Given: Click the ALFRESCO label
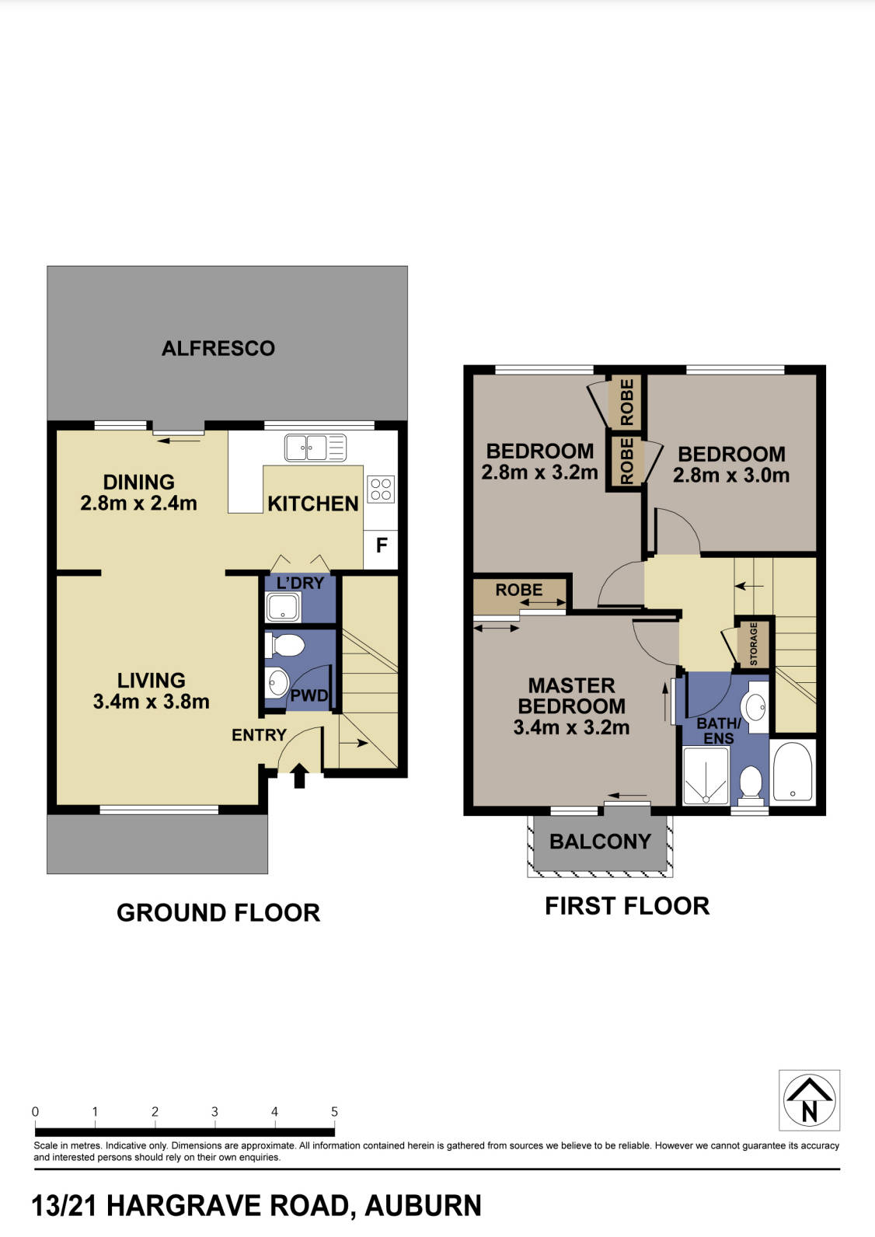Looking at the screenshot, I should pos(218,348).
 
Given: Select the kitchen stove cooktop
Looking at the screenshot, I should pos(381,489).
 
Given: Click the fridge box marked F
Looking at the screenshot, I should pos(382,545).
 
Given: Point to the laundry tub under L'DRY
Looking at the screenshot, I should pos(282,607).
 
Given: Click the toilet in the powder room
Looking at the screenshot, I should pos(284,645).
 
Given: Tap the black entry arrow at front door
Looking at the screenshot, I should pos(299,775).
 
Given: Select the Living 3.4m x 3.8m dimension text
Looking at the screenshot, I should pos(152,702).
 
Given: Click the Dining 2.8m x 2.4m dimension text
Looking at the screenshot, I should pos(138,503).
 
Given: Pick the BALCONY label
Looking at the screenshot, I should pos(600,842).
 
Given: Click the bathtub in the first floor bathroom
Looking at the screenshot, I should pos(792,772).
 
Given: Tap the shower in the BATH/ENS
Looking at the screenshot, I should pos(705,776).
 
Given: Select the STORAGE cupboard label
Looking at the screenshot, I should pos(753,643).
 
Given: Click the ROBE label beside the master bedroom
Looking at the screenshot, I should pos(519,590).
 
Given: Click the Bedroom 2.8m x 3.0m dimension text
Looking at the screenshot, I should pos(730,475).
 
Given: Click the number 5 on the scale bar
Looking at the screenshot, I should pos(334,1112).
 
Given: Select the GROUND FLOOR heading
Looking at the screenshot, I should pos(218,912).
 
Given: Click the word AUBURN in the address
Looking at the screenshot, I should pos(424,1206).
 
